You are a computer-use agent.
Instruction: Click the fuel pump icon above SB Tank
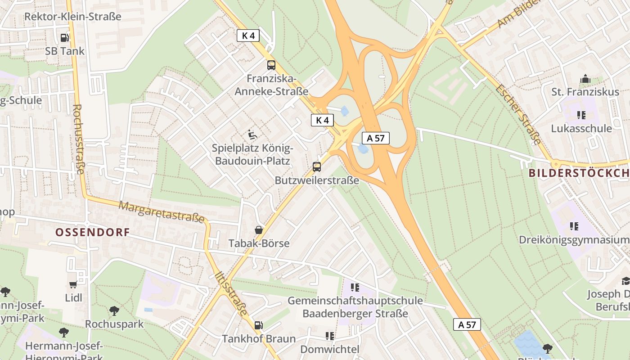point(65,38)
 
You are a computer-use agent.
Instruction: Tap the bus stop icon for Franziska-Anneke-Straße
point(271,65)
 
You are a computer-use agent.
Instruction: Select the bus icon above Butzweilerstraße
point(317,167)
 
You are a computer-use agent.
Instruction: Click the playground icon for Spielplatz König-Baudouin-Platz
point(252,134)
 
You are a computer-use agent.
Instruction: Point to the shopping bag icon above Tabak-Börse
point(259,230)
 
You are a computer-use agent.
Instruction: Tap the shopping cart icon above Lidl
point(73,284)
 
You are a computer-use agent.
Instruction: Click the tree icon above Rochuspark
point(114,310)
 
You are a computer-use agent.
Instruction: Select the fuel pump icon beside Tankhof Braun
point(258,325)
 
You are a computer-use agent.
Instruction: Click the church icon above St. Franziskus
point(585,79)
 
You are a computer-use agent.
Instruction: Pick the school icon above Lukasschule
point(581,115)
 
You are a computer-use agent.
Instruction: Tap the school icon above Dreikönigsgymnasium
point(574,226)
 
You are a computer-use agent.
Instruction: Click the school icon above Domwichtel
point(330,336)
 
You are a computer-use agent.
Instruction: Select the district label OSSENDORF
point(92,232)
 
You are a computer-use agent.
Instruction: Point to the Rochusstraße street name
point(78,139)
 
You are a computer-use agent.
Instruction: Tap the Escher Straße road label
point(518,114)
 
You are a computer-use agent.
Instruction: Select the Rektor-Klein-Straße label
point(73,17)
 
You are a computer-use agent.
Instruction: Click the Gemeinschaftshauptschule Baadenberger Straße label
point(355,307)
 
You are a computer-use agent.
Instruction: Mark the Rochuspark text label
point(114,324)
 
